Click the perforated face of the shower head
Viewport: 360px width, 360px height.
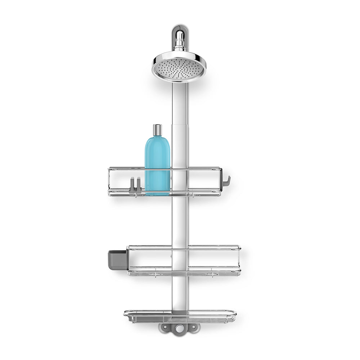click(179, 68)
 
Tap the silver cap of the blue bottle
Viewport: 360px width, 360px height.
click(157, 130)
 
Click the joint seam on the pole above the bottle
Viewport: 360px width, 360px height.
click(179, 125)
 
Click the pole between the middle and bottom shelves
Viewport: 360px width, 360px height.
click(179, 293)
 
